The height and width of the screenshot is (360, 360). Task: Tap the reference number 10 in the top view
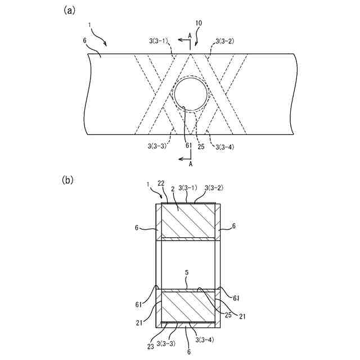(x=200, y=23)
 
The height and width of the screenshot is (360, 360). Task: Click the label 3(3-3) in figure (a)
(x=154, y=145)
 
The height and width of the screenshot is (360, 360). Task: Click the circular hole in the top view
(x=190, y=93)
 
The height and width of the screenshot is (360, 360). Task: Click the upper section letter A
(x=190, y=35)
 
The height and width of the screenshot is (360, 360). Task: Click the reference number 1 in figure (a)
(x=90, y=25)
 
